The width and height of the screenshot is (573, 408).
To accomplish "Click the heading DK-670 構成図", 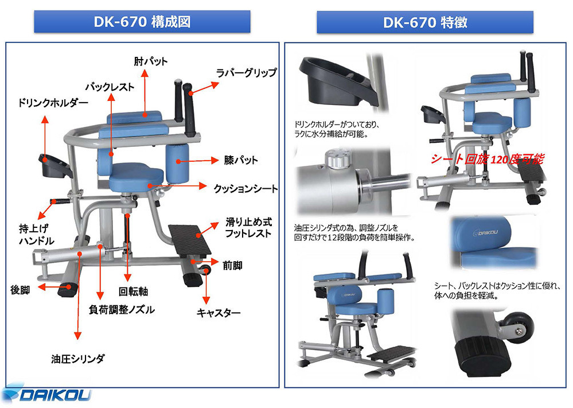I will click(x=142, y=22).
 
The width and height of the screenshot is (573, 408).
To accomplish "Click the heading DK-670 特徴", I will click(x=425, y=22).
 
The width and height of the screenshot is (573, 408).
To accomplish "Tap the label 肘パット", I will click(x=151, y=61).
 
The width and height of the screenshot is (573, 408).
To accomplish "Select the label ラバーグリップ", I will click(x=246, y=73).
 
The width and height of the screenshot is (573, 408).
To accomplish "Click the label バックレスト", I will click(x=110, y=87).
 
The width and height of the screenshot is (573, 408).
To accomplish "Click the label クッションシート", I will click(x=245, y=188).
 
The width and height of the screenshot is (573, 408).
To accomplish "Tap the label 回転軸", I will click(x=133, y=290).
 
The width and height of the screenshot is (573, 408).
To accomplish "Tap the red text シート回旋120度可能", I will click(x=487, y=159).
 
